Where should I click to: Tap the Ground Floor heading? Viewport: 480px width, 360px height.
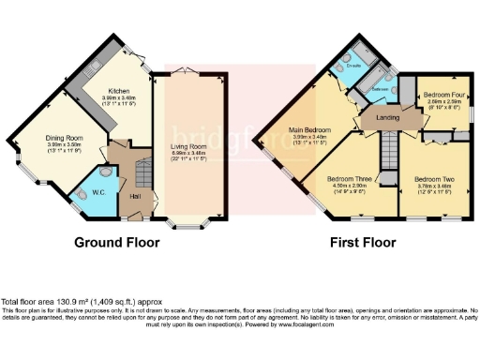coord(116,242)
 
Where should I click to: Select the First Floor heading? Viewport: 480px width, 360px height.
coord(363,242)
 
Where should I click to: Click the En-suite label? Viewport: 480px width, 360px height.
coord(354,67)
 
